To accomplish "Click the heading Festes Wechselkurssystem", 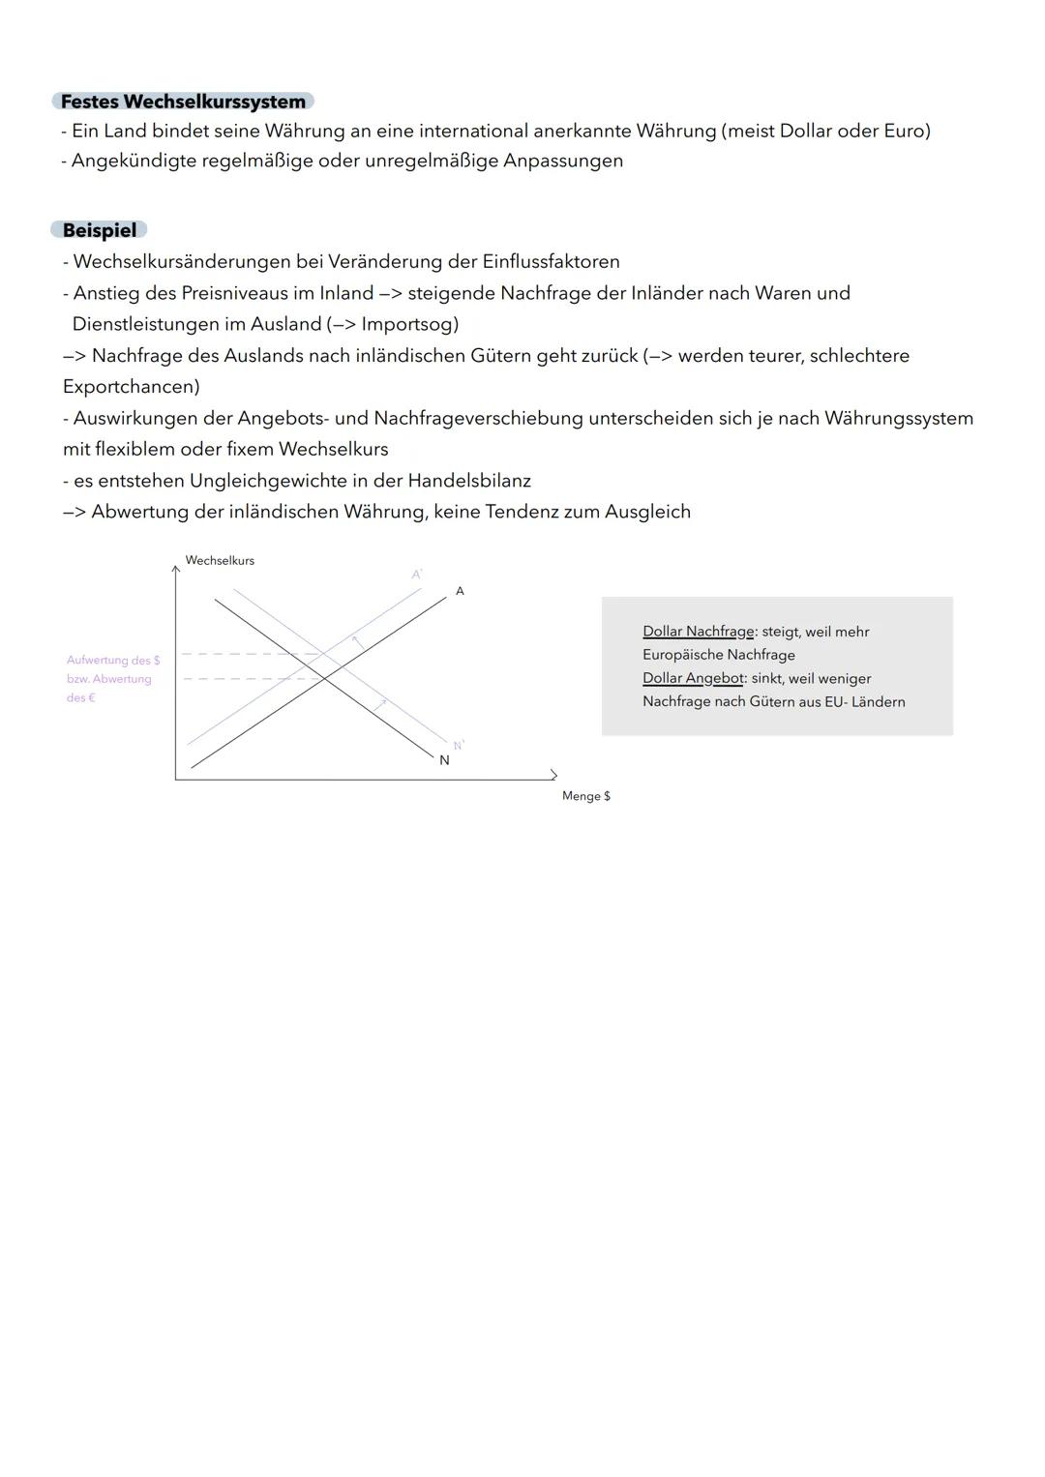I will click(x=183, y=102).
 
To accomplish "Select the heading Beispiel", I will click(x=99, y=230).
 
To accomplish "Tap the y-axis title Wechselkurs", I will click(x=220, y=561).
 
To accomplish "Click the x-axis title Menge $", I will click(x=585, y=796).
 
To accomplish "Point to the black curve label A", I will click(x=460, y=591).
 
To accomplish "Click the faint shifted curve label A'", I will click(x=417, y=575).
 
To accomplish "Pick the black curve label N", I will click(x=444, y=760).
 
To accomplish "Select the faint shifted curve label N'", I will click(x=459, y=745).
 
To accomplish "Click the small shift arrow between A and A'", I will click(x=357, y=642).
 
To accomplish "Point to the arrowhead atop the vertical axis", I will click(x=175, y=570).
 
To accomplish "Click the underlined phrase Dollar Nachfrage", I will click(x=698, y=632).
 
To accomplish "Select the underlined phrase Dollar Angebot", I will click(x=693, y=678).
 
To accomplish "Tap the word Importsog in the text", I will click(x=405, y=324).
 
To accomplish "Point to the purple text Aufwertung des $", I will click(x=113, y=661).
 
